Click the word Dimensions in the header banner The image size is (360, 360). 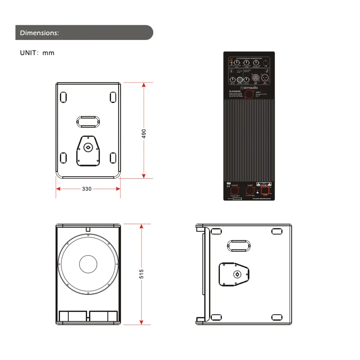39,33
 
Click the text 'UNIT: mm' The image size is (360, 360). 37,53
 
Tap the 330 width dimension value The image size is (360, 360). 87,189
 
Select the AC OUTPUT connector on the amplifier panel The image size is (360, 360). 234,191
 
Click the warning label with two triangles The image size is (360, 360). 265,183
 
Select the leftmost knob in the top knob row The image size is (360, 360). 236,64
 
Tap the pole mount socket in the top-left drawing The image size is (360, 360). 87,147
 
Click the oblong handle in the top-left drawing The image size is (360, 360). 87,121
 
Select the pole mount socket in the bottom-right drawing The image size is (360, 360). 237,275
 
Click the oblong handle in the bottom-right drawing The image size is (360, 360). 238,246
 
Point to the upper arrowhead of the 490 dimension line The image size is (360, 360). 144,85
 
